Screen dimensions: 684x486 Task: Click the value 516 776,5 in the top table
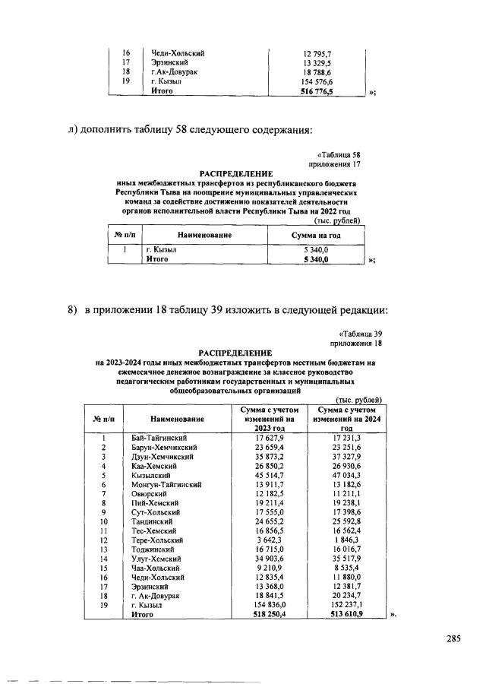pyautogui.click(x=317, y=90)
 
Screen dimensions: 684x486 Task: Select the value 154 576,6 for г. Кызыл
pyautogui.click(x=317, y=81)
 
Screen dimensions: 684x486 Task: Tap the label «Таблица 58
pyautogui.click(x=337, y=155)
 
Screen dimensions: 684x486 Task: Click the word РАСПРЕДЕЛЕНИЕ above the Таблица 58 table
pyautogui.click(x=237, y=174)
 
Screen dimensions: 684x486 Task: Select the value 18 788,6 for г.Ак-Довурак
pyautogui.click(x=317, y=71)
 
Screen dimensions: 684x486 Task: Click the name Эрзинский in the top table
pyautogui.click(x=169, y=62)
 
